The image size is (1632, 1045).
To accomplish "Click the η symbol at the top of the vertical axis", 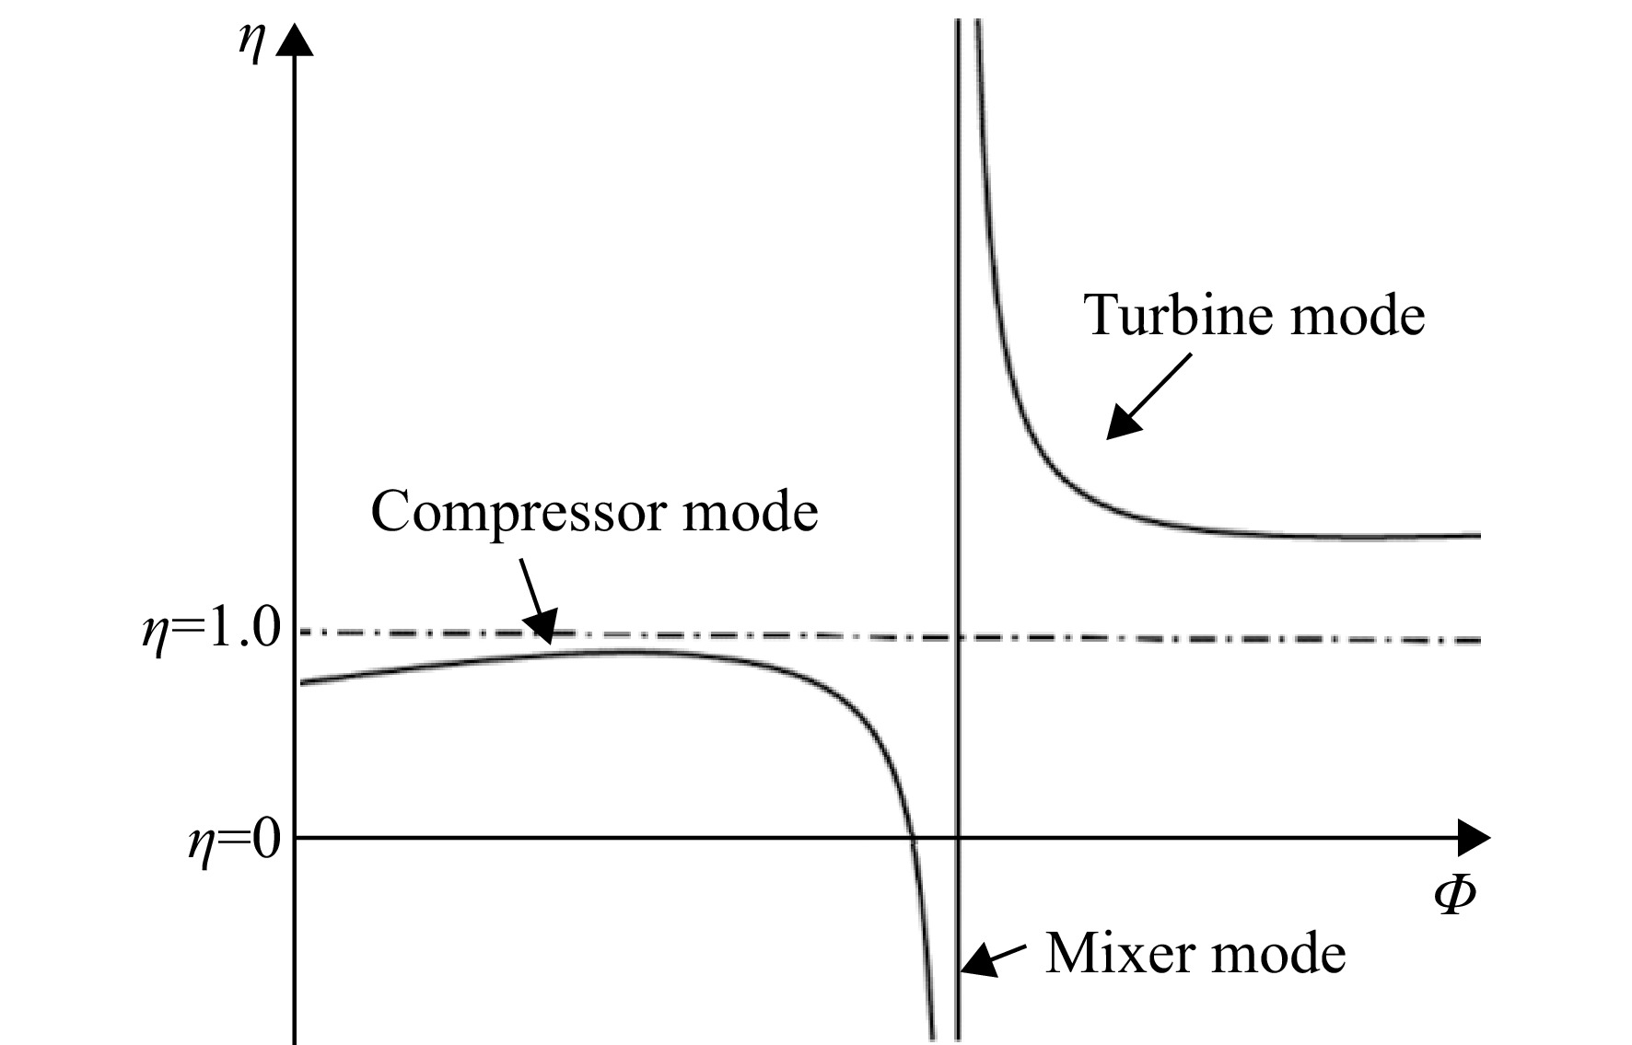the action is [x=251, y=44].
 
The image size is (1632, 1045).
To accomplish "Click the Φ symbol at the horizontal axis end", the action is [x=1454, y=894].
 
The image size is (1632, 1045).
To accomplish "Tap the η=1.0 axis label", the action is [x=210, y=633].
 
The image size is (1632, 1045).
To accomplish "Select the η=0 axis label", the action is [x=234, y=840].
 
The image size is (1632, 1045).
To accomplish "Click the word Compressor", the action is [x=519, y=513].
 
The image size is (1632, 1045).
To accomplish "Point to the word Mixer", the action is [x=1115, y=952].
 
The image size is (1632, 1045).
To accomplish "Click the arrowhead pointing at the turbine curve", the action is [x=1124, y=423].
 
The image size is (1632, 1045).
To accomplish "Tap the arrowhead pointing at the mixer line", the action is [x=978, y=960].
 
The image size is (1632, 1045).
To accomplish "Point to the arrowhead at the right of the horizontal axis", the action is [x=1474, y=838].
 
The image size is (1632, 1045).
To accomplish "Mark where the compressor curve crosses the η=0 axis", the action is [x=913, y=838].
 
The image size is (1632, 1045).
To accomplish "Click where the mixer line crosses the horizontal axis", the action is [x=959, y=838].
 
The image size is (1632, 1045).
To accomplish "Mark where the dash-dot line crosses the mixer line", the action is [x=959, y=637].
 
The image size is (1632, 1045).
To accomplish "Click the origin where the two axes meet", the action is [x=295, y=838].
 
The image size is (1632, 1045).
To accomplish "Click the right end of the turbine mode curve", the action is [x=1479, y=535].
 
